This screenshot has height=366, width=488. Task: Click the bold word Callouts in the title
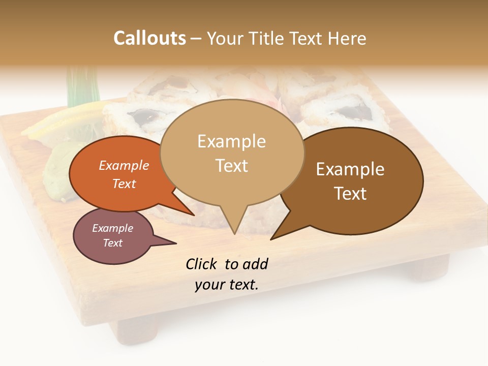point(149,38)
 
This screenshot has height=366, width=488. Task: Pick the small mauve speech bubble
point(112,236)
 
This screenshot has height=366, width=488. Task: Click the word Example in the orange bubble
point(124,165)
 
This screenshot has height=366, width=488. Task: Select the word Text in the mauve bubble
point(113,243)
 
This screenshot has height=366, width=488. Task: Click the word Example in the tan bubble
point(231,141)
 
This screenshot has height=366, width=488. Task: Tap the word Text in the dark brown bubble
point(351,194)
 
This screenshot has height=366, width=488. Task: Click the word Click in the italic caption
point(202,264)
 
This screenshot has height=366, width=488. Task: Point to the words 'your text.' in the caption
point(227,285)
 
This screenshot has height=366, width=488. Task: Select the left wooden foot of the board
point(137,330)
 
